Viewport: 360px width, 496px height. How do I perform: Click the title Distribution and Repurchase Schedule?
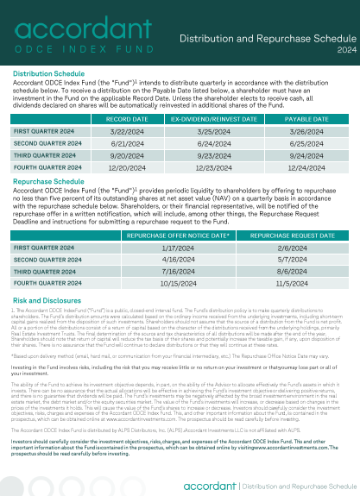[x=268, y=39]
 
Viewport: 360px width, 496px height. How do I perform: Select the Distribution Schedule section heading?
[x=49, y=74]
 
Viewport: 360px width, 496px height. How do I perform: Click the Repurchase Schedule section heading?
[x=48, y=182]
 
